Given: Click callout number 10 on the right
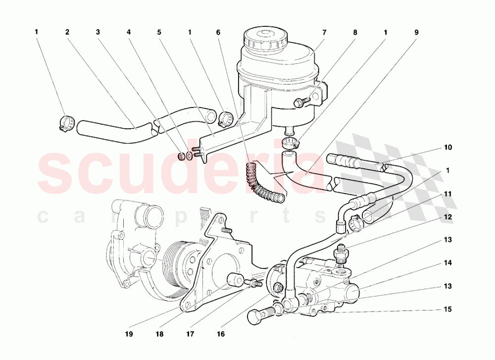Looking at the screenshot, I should [x=447, y=148].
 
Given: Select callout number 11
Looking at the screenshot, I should [x=447, y=194].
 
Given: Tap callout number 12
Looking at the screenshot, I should [x=447, y=217].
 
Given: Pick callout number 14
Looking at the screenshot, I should [x=447, y=263].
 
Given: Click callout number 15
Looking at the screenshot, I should [x=447, y=309].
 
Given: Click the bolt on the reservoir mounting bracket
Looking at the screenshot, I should [x=300, y=103].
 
